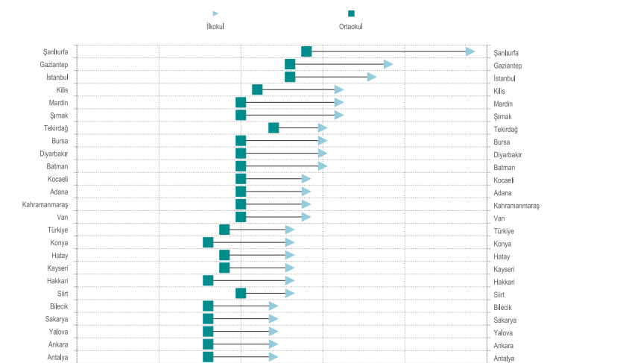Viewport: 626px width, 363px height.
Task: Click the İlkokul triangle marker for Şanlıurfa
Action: pos(470,51)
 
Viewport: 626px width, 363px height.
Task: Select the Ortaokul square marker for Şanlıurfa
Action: pos(306,51)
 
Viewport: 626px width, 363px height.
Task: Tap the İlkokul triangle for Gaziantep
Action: pos(388,64)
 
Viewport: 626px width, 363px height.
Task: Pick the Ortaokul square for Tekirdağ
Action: pos(274,127)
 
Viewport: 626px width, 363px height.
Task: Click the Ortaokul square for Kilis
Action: pos(257,89)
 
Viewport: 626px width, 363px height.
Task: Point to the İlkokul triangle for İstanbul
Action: pos(372,77)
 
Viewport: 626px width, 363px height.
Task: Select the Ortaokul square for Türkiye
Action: pos(224,230)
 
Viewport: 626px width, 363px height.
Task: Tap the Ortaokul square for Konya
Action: pos(208,242)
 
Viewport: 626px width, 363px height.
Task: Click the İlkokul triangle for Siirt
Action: pos(290,293)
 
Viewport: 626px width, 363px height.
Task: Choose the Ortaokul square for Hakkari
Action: pos(208,280)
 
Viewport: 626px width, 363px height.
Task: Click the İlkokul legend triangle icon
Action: pos(215,13)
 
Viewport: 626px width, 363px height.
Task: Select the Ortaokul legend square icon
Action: pos(351,13)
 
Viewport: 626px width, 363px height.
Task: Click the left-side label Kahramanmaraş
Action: pos(43,205)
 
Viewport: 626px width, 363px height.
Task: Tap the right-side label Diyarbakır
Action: pos(510,154)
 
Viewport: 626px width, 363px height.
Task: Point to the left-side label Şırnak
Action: pos(57,116)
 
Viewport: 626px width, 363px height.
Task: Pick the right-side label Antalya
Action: pos(505,359)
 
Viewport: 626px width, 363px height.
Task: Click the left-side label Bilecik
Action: pos(57,307)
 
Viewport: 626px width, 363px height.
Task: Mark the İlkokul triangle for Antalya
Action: pos(274,356)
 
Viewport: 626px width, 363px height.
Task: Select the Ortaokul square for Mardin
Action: pos(241,102)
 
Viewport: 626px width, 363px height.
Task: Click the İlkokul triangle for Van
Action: pos(306,217)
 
